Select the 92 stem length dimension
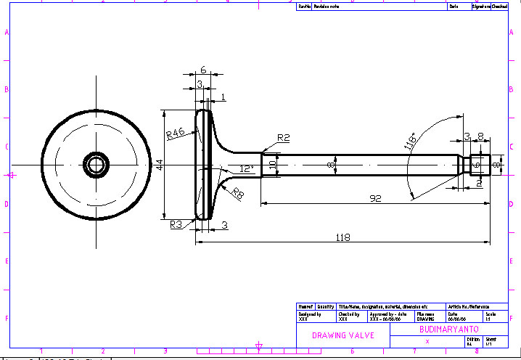click(x=375, y=197)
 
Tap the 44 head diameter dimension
click(x=159, y=165)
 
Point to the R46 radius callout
click(x=176, y=134)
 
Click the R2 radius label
click(x=283, y=137)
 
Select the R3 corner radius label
click(x=176, y=224)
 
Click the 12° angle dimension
click(x=247, y=168)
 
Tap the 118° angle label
click(x=410, y=141)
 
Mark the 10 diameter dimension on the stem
click(x=273, y=165)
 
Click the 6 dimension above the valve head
click(x=203, y=70)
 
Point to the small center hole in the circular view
click(x=95, y=164)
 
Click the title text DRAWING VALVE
click(x=342, y=335)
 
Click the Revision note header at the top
click(x=326, y=6)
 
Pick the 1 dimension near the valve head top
click(x=222, y=96)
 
